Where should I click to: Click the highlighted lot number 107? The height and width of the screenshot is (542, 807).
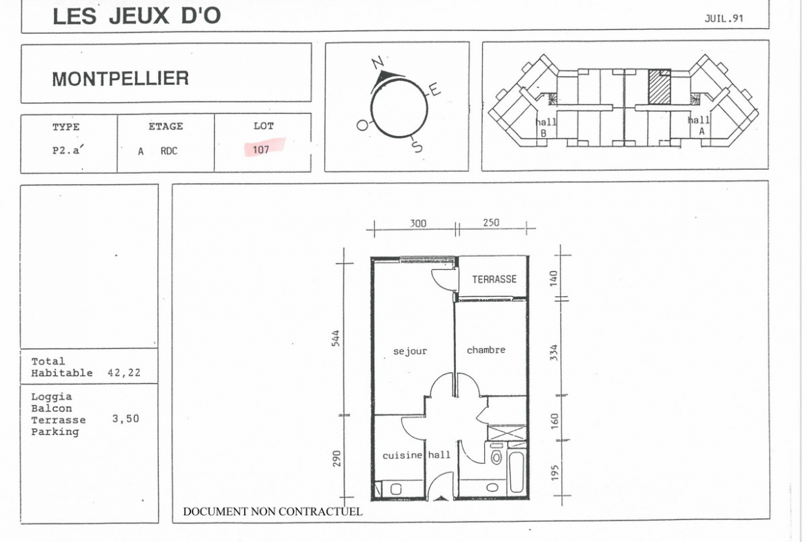pos(261,150)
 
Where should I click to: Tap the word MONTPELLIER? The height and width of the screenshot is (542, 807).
pos(121,79)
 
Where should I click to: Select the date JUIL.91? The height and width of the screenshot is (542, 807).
pos(724,19)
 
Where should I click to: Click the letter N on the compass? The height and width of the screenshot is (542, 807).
pos(378,63)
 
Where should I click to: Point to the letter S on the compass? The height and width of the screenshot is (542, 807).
pos(417,146)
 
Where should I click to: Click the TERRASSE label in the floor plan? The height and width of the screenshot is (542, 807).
pos(494,279)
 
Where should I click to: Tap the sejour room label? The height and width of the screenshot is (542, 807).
pos(410,351)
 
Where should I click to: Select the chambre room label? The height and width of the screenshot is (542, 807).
pos(486,350)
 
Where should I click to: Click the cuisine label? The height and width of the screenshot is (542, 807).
pos(403,456)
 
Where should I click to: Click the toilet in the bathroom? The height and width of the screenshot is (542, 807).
pos(496,456)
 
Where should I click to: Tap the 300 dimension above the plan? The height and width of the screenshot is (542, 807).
pos(418,223)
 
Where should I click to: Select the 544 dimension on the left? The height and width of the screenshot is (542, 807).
pos(336,338)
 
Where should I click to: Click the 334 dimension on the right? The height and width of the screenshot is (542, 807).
pos(554,352)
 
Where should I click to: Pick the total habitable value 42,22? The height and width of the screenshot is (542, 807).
pos(124,373)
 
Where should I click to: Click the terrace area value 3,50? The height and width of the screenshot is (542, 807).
pos(126,419)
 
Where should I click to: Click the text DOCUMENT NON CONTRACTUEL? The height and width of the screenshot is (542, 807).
pos(272,512)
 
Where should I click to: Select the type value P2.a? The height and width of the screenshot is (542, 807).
pos(68,150)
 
